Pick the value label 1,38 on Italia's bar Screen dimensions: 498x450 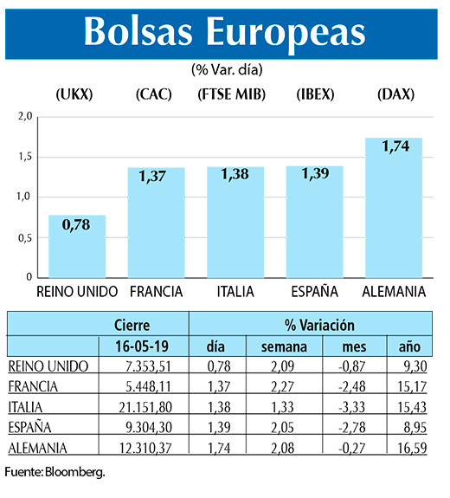(x=235, y=175)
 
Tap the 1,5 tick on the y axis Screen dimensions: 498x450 (x=24, y=157)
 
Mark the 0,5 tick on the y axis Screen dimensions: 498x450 (x=24, y=237)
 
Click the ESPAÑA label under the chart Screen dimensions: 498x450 (x=315, y=291)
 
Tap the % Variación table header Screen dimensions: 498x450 (x=319, y=326)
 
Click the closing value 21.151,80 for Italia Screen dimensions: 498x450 (x=144, y=406)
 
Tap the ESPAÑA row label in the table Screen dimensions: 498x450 (x=30, y=426)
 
